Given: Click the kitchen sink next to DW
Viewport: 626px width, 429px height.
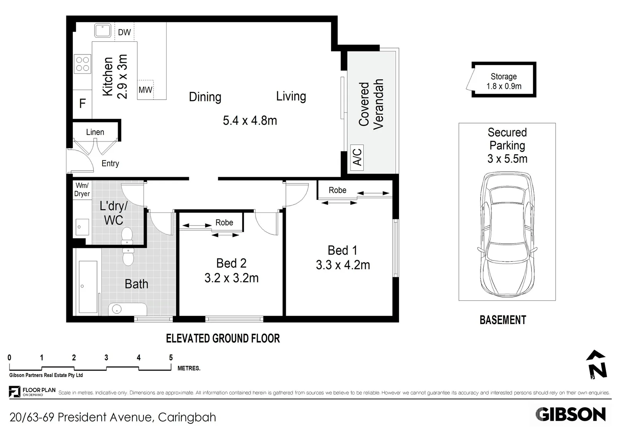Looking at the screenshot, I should tap(103, 31).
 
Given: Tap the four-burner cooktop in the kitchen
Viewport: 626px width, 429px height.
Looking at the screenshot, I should tap(83, 64).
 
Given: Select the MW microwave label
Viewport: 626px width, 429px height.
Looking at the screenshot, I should tap(145, 90).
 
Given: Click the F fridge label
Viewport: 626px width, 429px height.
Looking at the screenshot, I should tap(82, 104).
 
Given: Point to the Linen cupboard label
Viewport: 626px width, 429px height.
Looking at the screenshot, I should tap(95, 132).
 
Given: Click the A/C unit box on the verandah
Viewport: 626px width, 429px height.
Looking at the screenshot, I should tap(357, 157).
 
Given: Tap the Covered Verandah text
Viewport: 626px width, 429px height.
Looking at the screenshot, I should tap(371, 104).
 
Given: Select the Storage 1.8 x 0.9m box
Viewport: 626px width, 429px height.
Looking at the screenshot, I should tap(504, 81).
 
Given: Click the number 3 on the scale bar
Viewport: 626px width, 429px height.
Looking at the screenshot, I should tap(106, 358).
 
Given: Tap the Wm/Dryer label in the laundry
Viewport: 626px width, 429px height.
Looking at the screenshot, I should tap(82, 189).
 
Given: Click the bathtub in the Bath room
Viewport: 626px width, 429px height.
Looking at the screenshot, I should tap(88, 286).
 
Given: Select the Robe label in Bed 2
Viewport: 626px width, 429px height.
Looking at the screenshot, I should tap(224, 223).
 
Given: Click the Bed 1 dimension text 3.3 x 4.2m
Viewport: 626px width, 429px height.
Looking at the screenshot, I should tap(343, 265).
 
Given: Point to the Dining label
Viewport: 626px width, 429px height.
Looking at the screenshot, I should tap(205, 97).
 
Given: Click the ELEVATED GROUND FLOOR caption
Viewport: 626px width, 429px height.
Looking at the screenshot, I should tap(223, 338).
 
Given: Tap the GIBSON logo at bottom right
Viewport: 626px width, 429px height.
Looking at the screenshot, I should tap(570, 415).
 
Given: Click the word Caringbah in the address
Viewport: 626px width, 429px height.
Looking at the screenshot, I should tap(187, 417).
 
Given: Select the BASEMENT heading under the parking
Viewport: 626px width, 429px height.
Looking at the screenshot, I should tap(503, 320).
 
